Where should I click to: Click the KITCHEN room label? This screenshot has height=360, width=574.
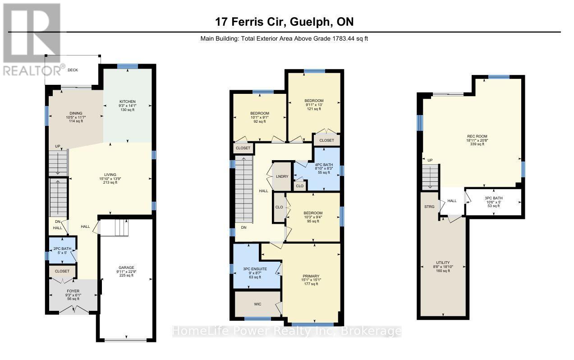click(127, 102)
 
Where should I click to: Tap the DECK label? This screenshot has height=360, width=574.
click(73, 70)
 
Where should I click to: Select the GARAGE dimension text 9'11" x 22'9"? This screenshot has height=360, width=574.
click(126, 272)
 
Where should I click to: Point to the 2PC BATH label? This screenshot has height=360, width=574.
click(62, 249)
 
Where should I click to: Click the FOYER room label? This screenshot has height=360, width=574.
click(73, 291)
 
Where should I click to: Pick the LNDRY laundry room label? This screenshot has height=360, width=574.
click(282, 176)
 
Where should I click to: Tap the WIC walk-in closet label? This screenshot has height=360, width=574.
click(258, 304)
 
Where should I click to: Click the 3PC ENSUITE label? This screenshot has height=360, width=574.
click(255, 269)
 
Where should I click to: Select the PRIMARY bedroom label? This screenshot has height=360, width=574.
click(311, 276)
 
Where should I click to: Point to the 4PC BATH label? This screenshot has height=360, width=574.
click(324, 165)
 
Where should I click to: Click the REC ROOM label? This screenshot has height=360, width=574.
click(477, 136)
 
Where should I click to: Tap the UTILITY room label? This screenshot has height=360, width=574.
click(443, 263)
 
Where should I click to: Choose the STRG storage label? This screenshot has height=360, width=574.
click(429, 207)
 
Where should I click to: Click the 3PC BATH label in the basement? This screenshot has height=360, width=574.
click(494, 198)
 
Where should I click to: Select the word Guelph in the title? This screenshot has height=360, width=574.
click(310, 22)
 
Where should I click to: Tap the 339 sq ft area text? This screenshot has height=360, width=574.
click(477, 144)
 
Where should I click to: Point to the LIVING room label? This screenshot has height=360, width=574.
click(110, 175)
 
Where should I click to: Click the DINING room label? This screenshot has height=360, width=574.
click(76, 113)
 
